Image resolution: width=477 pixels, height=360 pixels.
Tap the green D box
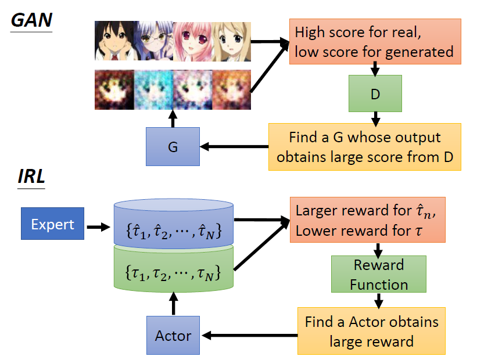(375, 93)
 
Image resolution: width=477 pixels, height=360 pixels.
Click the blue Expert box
(53, 225)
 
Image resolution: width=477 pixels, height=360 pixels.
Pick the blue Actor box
(173, 335)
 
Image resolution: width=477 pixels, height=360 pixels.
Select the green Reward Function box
(378, 275)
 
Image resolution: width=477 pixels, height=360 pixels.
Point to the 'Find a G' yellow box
(364, 146)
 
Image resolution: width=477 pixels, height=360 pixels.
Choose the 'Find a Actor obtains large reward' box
(372, 330)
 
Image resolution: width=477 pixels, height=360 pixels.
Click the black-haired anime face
(114, 41)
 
